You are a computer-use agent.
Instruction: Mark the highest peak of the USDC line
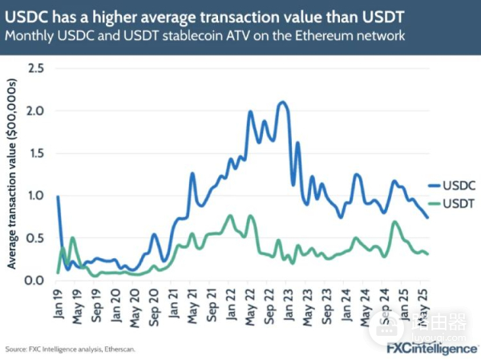click(281, 103)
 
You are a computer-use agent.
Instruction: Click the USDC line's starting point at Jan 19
click(58, 196)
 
